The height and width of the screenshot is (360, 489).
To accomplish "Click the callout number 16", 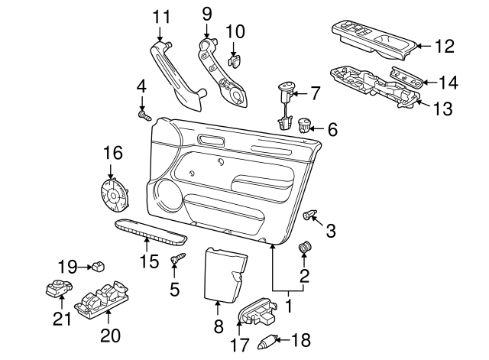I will [112, 153].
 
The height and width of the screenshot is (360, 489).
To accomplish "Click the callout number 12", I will [444, 46].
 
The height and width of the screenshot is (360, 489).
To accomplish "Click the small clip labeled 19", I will [98, 266].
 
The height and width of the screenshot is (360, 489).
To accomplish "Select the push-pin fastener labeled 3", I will [309, 215].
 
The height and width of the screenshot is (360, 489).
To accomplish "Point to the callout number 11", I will [160, 16].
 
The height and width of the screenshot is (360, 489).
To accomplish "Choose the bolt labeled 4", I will [144, 115].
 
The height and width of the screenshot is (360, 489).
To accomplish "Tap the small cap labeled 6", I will [306, 122].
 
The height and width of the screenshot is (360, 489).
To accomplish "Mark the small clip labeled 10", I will [236, 57].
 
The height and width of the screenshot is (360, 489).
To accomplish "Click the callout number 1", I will [290, 306].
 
